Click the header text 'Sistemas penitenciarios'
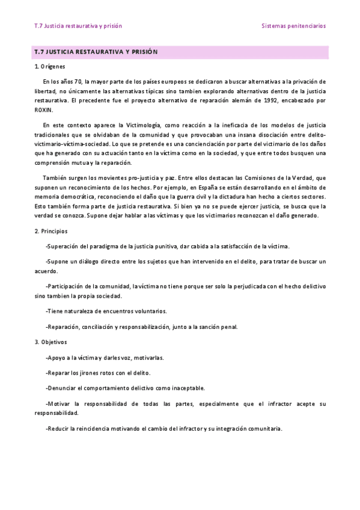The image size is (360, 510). pos(293,26)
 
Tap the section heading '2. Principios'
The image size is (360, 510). pos(51,231)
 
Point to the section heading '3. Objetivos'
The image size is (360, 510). pos(50,342)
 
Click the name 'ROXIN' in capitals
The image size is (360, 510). pos(44,110)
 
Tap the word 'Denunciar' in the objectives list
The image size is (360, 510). pos(61,388)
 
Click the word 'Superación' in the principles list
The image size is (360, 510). pos(64,246)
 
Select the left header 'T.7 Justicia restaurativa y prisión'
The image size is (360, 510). pos(78,26)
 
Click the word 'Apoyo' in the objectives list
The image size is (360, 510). pos(56,357)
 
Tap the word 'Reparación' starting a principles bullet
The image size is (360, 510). pos(64,327)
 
